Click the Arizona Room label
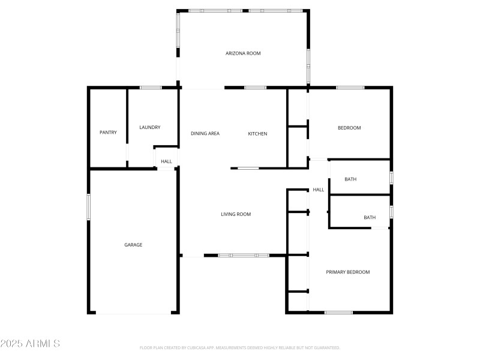(243, 53)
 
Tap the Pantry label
(108, 133)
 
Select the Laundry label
(149, 127)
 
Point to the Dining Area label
(205, 133)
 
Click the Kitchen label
(257, 133)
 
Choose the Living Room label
(236, 214)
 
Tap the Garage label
(133, 245)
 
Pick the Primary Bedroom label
(348, 272)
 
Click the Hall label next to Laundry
(166, 161)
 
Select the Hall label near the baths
(318, 190)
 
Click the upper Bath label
(351, 179)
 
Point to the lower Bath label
(370, 217)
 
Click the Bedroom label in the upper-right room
(349, 128)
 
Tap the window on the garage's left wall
(88, 207)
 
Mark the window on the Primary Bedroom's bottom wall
(338, 312)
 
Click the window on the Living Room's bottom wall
(244, 256)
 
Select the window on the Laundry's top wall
(151, 88)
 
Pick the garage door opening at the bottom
(133, 313)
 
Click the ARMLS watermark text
(30, 344)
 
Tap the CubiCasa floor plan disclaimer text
(240, 347)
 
